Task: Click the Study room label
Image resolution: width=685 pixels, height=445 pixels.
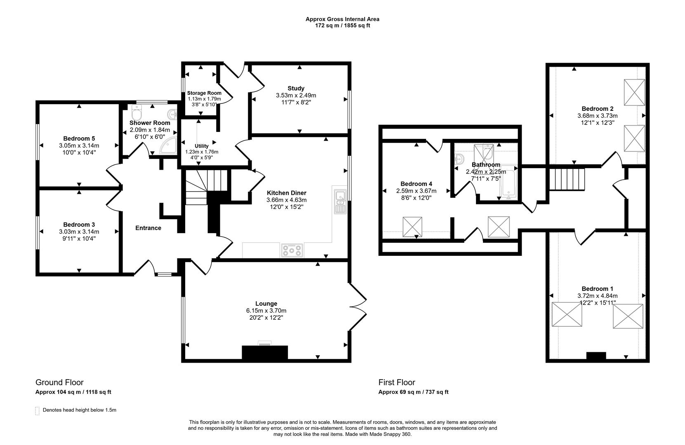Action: coord(296,88)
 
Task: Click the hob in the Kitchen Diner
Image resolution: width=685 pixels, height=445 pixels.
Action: coord(292,250)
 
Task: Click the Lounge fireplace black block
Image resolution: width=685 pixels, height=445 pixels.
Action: coord(264,353)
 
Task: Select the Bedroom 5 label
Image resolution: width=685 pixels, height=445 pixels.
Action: coord(79,138)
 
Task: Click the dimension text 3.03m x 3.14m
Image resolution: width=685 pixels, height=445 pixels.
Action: coord(79,232)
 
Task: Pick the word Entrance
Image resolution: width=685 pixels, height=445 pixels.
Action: coord(148,228)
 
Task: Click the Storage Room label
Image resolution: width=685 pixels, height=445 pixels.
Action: coord(204,93)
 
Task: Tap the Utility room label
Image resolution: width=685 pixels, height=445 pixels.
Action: coord(202,146)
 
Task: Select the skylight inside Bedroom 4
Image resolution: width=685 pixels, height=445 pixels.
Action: coord(413,227)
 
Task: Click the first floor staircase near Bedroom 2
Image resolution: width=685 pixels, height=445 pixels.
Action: coord(567,179)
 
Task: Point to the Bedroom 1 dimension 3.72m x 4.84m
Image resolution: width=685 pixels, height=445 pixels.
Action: coord(597,296)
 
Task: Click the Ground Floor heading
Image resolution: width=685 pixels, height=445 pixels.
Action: coord(59,382)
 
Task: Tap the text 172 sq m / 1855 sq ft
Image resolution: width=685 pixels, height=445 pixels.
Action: coord(342,26)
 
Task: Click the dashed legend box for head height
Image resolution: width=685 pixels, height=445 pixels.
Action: coord(38,410)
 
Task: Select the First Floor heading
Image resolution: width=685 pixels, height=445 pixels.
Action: coord(397,382)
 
